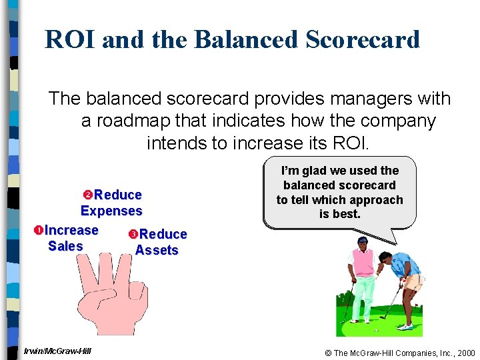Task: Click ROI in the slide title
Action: pyautogui.click(x=70, y=39)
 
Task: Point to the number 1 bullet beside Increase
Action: pyautogui.click(x=38, y=231)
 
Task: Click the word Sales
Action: pyautogui.click(x=65, y=247)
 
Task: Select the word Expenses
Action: pyautogui.click(x=111, y=211)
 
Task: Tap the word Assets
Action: pyautogui.click(x=157, y=251)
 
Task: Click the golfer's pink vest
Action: pyautogui.click(x=363, y=264)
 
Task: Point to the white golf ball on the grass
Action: pyautogui.click(x=377, y=330)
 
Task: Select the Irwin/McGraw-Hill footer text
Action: pyautogui.click(x=57, y=351)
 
